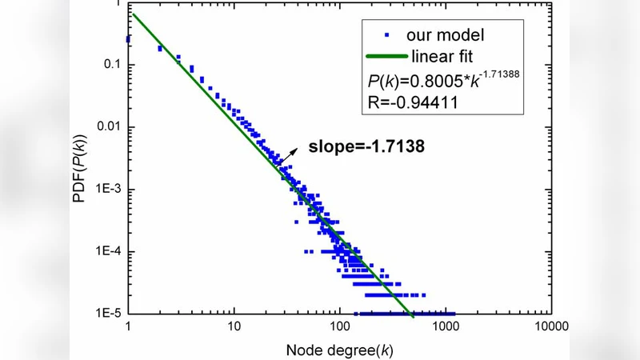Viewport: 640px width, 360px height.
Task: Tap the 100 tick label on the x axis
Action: pyautogui.click(x=339, y=327)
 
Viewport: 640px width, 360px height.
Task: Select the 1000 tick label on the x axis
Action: pyautogui.click(x=445, y=327)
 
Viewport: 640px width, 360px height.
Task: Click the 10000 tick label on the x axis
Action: pyautogui.click(x=550, y=327)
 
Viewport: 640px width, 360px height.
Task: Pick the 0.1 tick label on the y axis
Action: pyautogui.click(x=110, y=65)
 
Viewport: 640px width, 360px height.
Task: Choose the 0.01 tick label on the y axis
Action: pyautogui.click(x=107, y=127)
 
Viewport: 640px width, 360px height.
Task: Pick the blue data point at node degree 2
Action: pyautogui.click(x=160, y=49)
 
